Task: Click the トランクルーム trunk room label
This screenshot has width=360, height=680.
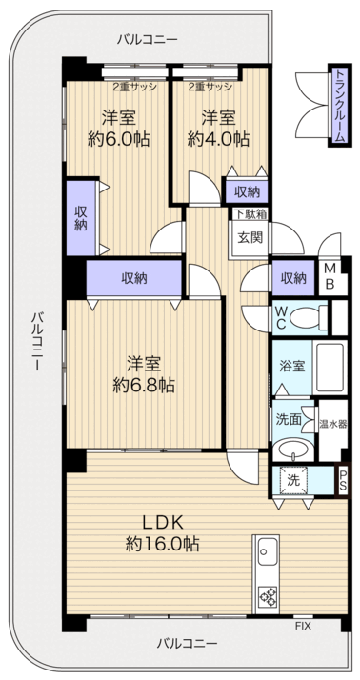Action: pos(338,105)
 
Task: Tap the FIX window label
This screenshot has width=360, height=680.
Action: pos(303,626)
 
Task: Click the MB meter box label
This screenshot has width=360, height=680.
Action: pos(328,277)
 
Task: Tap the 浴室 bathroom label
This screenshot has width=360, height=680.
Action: pos(291,366)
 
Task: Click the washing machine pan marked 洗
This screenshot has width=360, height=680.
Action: pos(294,480)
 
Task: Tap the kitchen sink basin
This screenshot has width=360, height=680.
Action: pos(266,551)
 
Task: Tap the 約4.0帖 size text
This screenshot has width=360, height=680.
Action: pos(218,138)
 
